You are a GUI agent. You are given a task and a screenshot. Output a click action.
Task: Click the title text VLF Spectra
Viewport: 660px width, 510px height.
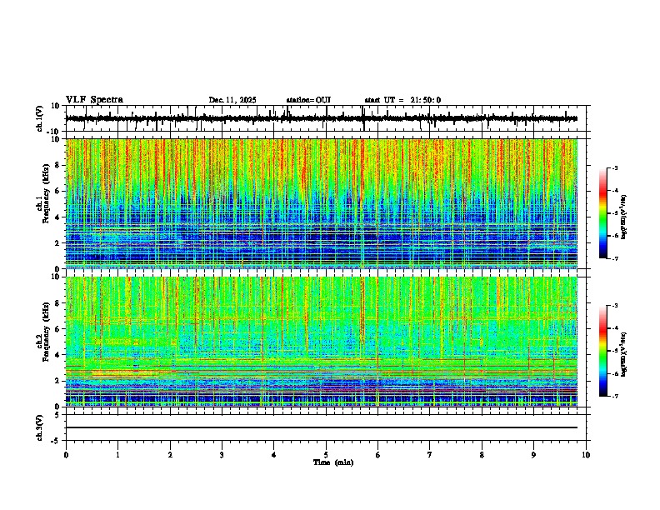pos(94,100)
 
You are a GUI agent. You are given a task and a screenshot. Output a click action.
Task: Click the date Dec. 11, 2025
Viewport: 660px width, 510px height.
pos(232,100)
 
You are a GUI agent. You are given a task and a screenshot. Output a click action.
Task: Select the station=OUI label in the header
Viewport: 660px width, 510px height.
pos(308,100)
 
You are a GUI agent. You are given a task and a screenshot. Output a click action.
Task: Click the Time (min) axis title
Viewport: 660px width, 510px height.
pos(332,462)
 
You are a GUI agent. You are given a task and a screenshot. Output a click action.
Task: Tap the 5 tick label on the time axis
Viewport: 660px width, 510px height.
pos(326,455)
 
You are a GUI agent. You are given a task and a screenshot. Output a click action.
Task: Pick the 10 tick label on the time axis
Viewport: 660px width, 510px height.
pos(586,455)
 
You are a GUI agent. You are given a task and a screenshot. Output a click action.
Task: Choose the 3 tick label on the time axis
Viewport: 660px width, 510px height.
pos(222,455)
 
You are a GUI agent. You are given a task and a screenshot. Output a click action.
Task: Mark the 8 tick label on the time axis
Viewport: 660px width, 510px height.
pos(482,455)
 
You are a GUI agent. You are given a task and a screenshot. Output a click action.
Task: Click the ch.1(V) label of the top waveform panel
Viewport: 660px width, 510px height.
pos(40,118)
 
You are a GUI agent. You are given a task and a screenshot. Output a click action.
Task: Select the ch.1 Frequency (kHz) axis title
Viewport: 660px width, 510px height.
pos(42,202)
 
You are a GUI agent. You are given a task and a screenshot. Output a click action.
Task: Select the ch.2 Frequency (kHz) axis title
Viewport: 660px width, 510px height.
pos(42,340)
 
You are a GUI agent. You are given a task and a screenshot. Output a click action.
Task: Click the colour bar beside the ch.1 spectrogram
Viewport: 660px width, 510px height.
pos(603,213)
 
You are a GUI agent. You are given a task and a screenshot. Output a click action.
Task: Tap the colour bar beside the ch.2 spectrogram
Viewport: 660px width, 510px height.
pos(603,351)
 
